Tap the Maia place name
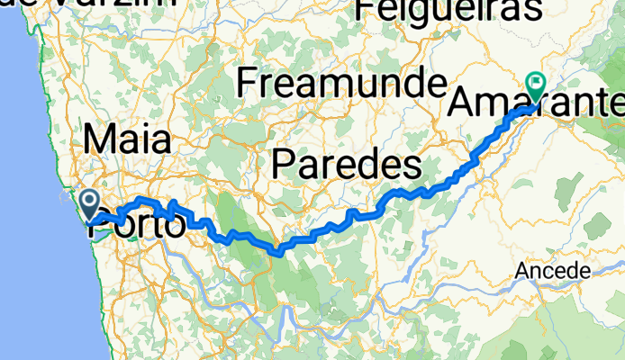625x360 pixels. tap(127, 140)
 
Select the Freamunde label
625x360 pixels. tap(341, 84)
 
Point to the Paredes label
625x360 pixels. tap(347, 166)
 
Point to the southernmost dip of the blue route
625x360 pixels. tap(280, 253)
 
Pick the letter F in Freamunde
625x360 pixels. tap(247, 84)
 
